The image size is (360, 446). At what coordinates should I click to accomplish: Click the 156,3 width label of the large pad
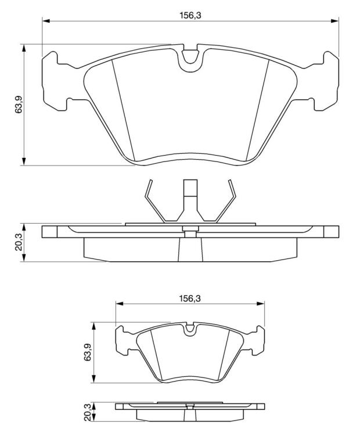(x=190, y=15)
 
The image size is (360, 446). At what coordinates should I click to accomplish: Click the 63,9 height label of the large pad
(x=19, y=105)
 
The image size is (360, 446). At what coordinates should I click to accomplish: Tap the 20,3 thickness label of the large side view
(x=19, y=243)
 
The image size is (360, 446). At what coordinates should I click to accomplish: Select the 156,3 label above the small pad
(x=190, y=298)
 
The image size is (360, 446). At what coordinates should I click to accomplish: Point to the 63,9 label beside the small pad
(x=88, y=352)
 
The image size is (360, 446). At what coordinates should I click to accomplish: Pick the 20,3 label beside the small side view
(x=88, y=412)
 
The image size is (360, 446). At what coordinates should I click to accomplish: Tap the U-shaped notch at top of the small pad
(x=190, y=329)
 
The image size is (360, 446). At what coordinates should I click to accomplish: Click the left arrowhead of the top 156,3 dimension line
(x=46, y=20)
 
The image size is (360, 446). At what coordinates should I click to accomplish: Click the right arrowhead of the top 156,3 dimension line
(x=334, y=20)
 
